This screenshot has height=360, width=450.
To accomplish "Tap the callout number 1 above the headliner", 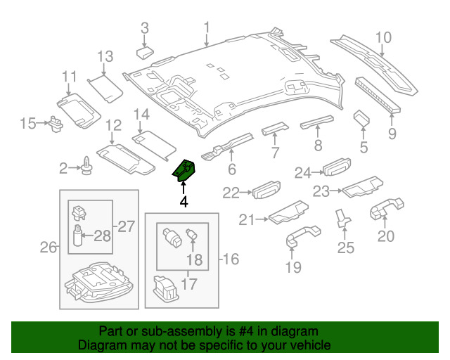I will click(x=207, y=28).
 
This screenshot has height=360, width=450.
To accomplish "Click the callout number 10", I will click(x=382, y=38).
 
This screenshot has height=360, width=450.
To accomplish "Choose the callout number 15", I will click(x=27, y=124).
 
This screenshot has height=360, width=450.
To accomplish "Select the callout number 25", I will click(x=346, y=247).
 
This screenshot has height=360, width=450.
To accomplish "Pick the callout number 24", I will click(x=303, y=172).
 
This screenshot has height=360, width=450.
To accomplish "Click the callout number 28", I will click(x=103, y=236).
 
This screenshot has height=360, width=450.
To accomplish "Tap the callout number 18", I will click(x=194, y=260).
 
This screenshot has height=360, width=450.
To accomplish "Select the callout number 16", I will click(x=230, y=260).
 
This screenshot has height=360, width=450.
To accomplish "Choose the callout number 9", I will click(x=392, y=134).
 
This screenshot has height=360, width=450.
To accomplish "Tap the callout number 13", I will click(x=105, y=56).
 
